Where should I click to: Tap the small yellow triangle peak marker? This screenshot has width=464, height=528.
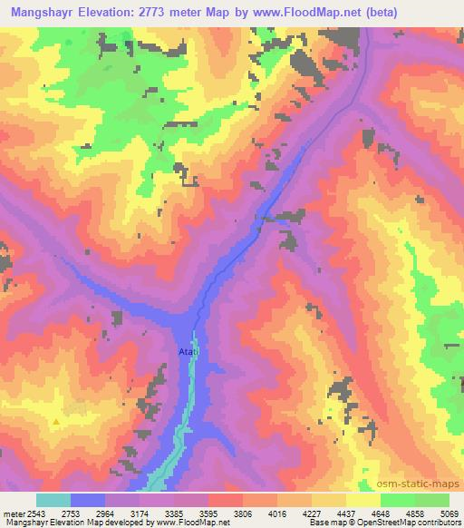pyautogui.click(x=57, y=421)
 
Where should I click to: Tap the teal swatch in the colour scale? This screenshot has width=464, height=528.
pyautogui.click(x=53, y=500)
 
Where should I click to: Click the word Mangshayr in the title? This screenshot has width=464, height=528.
pyautogui.click(x=45, y=13)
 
